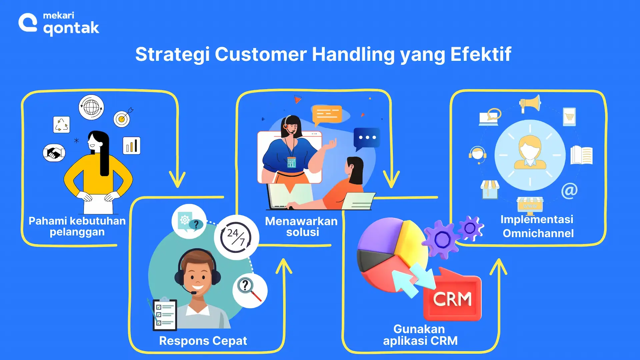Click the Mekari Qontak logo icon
[28, 23]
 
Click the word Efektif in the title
[481, 54]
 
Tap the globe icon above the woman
[91, 107]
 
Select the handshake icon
[54, 153]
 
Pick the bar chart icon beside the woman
[132, 146]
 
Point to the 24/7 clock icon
[236, 237]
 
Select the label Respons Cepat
[203, 341]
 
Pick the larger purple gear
[442, 239]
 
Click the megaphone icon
[530, 103]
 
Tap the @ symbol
[569, 191]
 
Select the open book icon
[581, 155]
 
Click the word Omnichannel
[538, 233]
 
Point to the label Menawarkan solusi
[302, 227]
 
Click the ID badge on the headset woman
[291, 162]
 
